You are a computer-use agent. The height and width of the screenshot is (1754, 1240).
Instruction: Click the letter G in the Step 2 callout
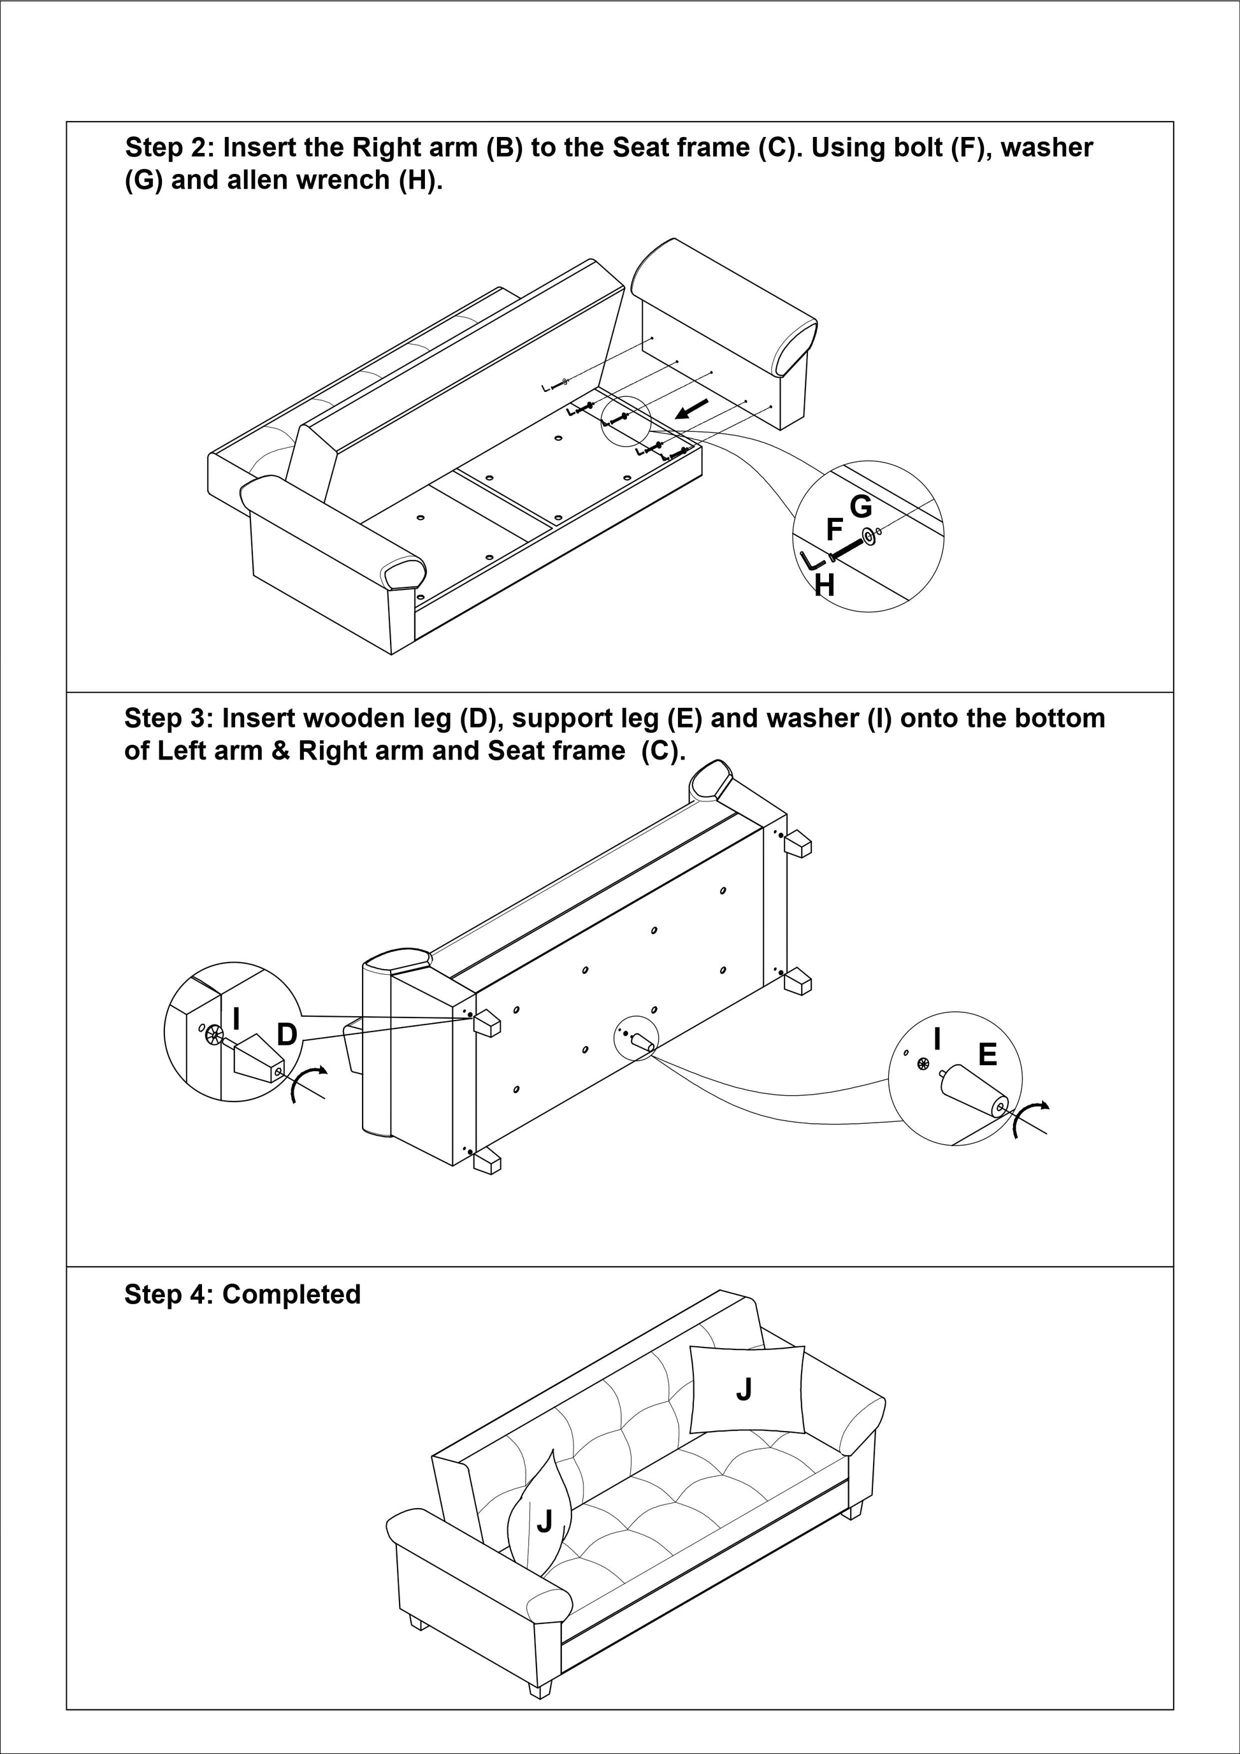(860, 507)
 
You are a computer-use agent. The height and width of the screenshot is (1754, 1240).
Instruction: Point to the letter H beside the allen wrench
(825, 585)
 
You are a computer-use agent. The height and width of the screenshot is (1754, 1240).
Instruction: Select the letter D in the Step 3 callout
(287, 1035)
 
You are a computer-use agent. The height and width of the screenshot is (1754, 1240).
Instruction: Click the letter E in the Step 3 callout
(987, 1055)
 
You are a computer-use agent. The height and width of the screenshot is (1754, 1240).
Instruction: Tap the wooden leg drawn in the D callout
(257, 1059)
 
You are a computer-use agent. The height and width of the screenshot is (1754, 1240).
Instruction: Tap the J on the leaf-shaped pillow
(544, 1521)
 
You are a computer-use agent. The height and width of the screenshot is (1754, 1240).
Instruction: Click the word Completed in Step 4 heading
(291, 1294)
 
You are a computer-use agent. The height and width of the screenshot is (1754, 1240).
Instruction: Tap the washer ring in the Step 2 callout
(868, 537)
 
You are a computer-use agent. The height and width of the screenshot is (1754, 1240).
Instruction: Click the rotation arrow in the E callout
(1030, 1118)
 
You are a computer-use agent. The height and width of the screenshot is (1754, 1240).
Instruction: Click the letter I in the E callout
(937, 1040)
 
